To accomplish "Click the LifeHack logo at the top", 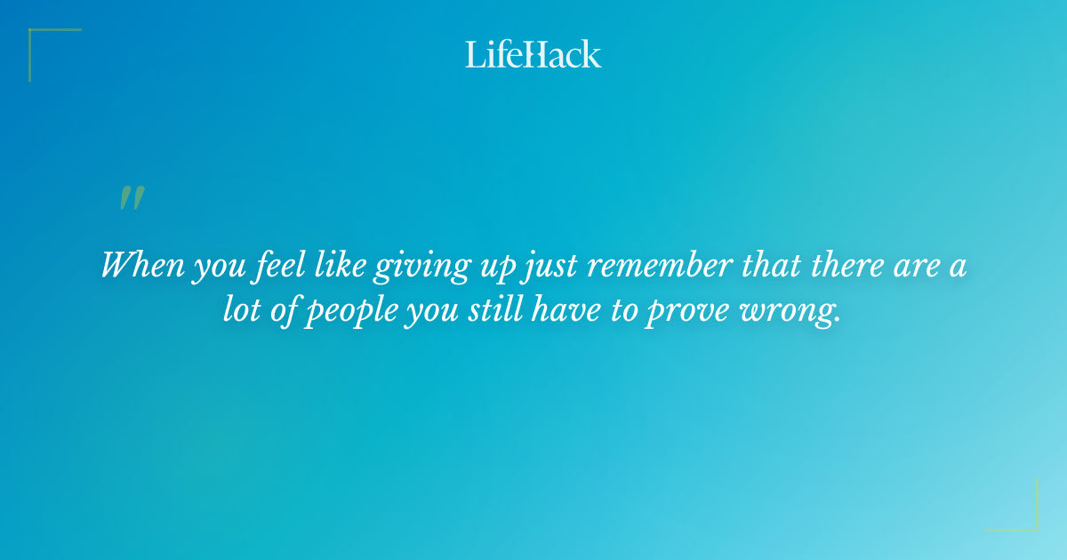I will click(x=533, y=54).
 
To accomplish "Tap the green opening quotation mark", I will click(x=132, y=198).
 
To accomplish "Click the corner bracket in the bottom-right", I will click(x=1023, y=517).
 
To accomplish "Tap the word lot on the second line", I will click(x=240, y=314).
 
